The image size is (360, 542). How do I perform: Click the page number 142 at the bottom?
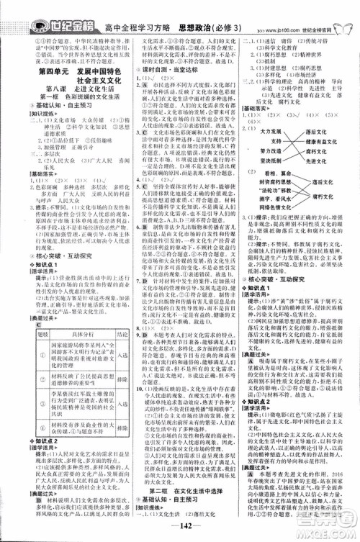click(180, 531)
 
